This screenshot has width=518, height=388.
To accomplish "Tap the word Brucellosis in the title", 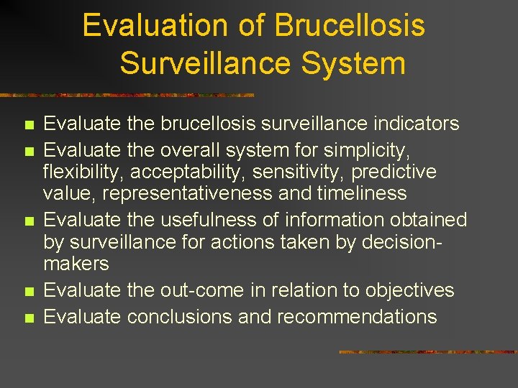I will (x=350, y=27).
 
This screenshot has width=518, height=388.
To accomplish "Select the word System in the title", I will (x=353, y=63).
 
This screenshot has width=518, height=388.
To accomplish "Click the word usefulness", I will (x=208, y=220).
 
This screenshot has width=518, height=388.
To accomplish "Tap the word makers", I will (x=76, y=264).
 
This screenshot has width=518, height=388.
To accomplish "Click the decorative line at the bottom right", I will (x=427, y=352).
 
